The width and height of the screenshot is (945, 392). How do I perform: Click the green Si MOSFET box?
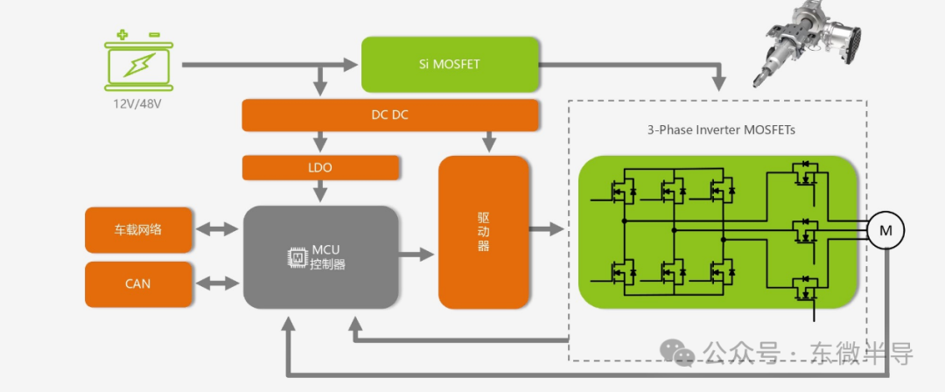point(450,64)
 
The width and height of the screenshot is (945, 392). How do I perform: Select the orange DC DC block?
point(389,115)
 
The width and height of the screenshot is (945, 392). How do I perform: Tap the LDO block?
point(321,166)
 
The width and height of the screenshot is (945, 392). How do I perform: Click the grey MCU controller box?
point(318,256)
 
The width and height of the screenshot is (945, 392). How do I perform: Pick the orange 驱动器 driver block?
point(484,232)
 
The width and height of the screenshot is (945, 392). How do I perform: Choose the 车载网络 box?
point(137,230)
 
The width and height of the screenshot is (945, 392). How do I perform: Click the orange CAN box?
point(137,283)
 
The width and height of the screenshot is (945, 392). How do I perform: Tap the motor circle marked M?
point(885,230)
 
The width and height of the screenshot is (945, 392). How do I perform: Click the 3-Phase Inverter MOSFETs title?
point(721,130)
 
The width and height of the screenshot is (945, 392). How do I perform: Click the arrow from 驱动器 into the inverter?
point(548,229)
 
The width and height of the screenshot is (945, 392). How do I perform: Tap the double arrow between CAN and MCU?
point(218,283)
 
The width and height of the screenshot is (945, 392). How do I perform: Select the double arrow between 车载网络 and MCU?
point(218,229)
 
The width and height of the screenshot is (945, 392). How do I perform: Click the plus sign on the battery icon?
point(122,35)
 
